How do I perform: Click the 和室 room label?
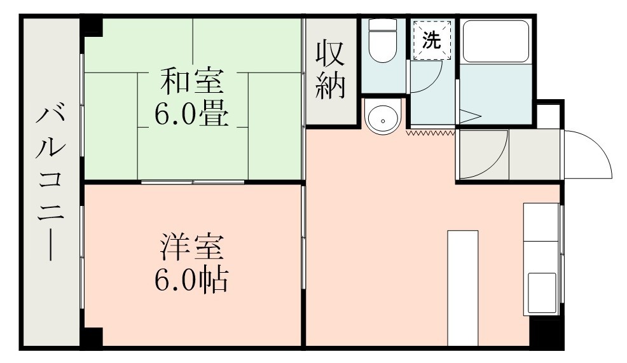point(191,83)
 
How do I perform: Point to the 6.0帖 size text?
point(191,279)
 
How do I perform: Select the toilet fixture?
point(383,42)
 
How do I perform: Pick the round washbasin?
point(383,117)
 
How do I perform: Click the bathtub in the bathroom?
point(495,42)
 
